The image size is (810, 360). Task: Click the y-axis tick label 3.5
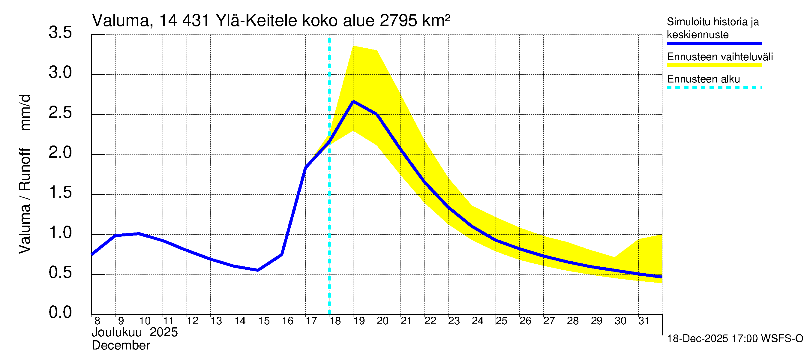tap(60, 33)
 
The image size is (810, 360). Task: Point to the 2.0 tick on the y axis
tap(60, 153)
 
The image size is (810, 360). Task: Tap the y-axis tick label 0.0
tap(60, 313)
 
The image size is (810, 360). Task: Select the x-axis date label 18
tap(335, 321)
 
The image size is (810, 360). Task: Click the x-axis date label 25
tap(502, 321)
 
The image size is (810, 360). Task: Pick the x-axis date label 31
tap(644, 321)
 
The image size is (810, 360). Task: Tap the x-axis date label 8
tap(97, 321)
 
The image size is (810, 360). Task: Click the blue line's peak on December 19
tap(353, 101)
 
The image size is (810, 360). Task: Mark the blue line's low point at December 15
tap(258, 270)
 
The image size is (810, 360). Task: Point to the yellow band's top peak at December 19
tap(353, 46)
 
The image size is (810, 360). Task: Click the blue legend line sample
tap(714, 43)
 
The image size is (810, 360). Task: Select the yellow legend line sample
tap(714, 65)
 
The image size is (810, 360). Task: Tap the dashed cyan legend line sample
tap(714, 88)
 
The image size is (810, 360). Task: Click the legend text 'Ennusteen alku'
tap(703, 79)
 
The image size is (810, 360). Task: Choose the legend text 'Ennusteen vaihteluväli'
tap(719, 57)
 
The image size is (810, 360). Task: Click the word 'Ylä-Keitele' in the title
tap(256, 21)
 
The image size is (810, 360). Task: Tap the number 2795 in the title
tap(398, 21)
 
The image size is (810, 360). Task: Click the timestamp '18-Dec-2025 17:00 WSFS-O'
tap(735, 339)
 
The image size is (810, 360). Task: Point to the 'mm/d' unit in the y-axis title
tap(25, 112)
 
